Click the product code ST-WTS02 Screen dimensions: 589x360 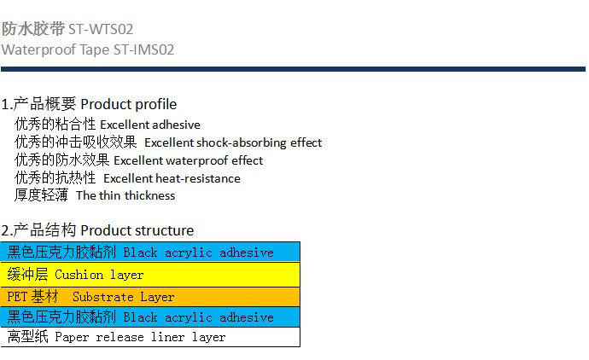[x=101, y=29]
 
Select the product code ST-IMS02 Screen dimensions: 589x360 [x=144, y=49]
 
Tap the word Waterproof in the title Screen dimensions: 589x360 [x=38, y=50]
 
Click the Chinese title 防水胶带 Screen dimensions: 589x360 [x=33, y=28]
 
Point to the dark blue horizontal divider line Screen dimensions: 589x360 [x=293, y=69]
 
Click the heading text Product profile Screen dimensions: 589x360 [x=128, y=104]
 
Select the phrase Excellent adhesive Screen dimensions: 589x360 [x=150, y=125]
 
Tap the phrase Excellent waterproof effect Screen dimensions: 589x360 [x=188, y=160]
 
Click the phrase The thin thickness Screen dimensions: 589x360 [x=125, y=195]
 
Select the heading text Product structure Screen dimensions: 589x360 [x=137, y=230]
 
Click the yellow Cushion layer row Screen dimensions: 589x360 [x=150, y=275]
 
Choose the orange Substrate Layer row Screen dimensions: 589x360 [x=150, y=297]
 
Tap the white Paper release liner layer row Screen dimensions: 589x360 [x=150, y=337]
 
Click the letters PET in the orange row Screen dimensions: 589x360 [x=17, y=297]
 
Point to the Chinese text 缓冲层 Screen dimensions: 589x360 [x=28, y=275]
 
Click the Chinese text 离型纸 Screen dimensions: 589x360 [x=28, y=336]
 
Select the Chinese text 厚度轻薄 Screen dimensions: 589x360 [x=41, y=195]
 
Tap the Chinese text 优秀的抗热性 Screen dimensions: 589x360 [x=55, y=178]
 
